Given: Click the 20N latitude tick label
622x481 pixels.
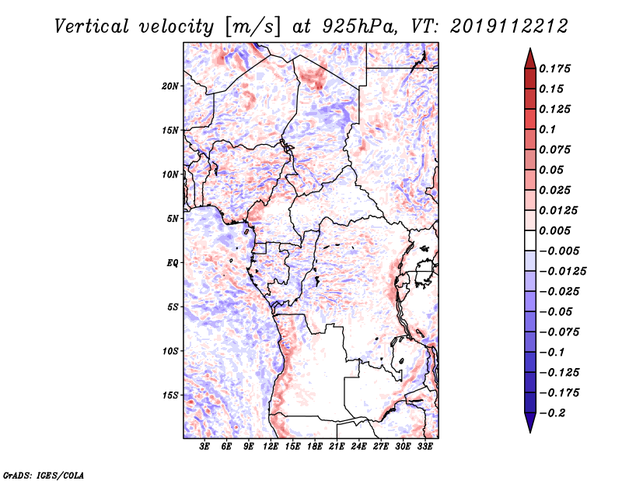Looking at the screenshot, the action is [x=169, y=86].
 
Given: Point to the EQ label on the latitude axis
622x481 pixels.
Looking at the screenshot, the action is [x=172, y=263].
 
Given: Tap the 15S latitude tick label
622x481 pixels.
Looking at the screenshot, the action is [x=170, y=395].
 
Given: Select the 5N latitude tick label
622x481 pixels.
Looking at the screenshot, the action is [x=173, y=219].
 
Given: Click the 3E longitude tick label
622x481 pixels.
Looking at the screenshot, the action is [x=204, y=446].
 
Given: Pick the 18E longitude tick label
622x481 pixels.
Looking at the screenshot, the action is [x=315, y=446].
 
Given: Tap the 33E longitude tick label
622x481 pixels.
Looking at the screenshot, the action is [x=425, y=446].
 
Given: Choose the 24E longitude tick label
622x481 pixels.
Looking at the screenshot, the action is [x=358, y=446].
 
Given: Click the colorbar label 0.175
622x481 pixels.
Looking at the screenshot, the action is [x=554, y=68].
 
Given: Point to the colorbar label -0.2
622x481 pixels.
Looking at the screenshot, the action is [x=552, y=413].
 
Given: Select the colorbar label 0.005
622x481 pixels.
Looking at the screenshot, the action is [x=554, y=230].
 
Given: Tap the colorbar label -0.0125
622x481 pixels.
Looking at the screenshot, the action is [x=562, y=272].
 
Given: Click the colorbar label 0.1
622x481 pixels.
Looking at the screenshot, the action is [x=547, y=129].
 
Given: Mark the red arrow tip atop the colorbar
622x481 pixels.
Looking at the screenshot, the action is [x=530, y=48].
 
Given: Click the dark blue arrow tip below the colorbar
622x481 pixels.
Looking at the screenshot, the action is [x=530, y=432].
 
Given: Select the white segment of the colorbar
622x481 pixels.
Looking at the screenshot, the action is [x=530, y=240].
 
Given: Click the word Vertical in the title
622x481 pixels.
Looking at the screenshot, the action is [x=92, y=26].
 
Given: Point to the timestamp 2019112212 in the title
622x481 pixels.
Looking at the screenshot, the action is [x=509, y=26].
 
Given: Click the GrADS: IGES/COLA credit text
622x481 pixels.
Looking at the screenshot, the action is [x=44, y=475].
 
